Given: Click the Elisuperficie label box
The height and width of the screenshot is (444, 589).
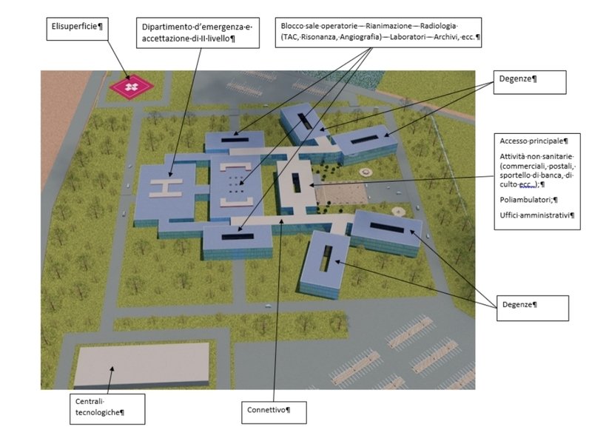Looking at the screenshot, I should click(x=78, y=27).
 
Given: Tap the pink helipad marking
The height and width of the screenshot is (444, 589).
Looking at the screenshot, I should click(x=131, y=87).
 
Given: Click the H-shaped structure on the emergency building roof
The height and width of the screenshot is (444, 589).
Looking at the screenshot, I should click(x=167, y=185).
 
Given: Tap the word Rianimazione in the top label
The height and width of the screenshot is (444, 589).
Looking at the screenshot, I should click(x=388, y=24).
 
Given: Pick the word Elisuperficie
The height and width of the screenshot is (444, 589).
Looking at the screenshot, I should click(x=77, y=27).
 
